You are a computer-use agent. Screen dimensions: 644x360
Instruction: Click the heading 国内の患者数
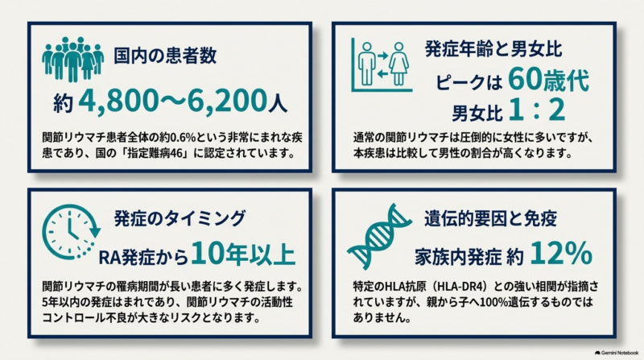(x=165, y=56)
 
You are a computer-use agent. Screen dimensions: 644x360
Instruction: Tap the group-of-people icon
(x=72, y=59)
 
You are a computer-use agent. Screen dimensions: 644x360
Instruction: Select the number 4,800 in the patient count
(x=118, y=101)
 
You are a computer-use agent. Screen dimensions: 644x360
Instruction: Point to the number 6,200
(x=228, y=101)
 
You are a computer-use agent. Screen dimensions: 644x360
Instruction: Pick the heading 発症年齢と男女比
(x=493, y=49)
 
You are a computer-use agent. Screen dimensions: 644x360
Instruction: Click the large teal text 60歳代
(x=549, y=80)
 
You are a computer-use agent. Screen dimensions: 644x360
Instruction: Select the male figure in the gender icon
(x=367, y=64)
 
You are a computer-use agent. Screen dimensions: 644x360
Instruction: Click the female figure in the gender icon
(x=398, y=64)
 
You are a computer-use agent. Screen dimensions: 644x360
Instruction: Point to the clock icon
(x=71, y=232)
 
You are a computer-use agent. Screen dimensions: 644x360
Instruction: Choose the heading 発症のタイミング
(x=180, y=217)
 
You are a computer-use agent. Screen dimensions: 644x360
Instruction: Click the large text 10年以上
(x=243, y=254)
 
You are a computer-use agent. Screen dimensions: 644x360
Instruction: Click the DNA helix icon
(x=379, y=235)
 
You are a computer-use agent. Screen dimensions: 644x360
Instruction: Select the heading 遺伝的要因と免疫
(x=490, y=217)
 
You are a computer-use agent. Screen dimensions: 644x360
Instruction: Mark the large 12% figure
(x=561, y=253)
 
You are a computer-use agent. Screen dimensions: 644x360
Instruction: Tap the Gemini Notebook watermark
(x=617, y=353)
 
